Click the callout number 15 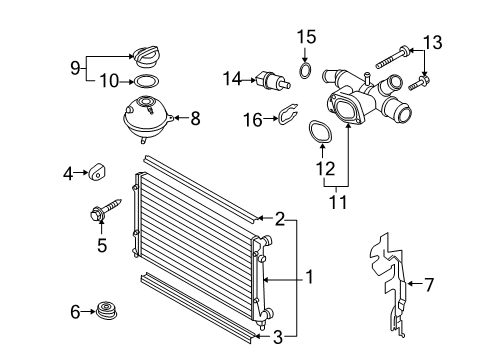(306, 37)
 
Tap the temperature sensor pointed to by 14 (273, 81)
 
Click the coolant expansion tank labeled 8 (148, 118)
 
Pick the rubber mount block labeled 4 (97, 171)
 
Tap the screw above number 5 (106, 209)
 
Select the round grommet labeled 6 (107, 312)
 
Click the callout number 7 (429, 285)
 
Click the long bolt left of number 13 (392, 58)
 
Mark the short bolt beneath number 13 (419, 83)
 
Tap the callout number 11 (338, 202)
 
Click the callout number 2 (280, 219)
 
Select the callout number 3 (278, 337)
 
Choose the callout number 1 (310, 277)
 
